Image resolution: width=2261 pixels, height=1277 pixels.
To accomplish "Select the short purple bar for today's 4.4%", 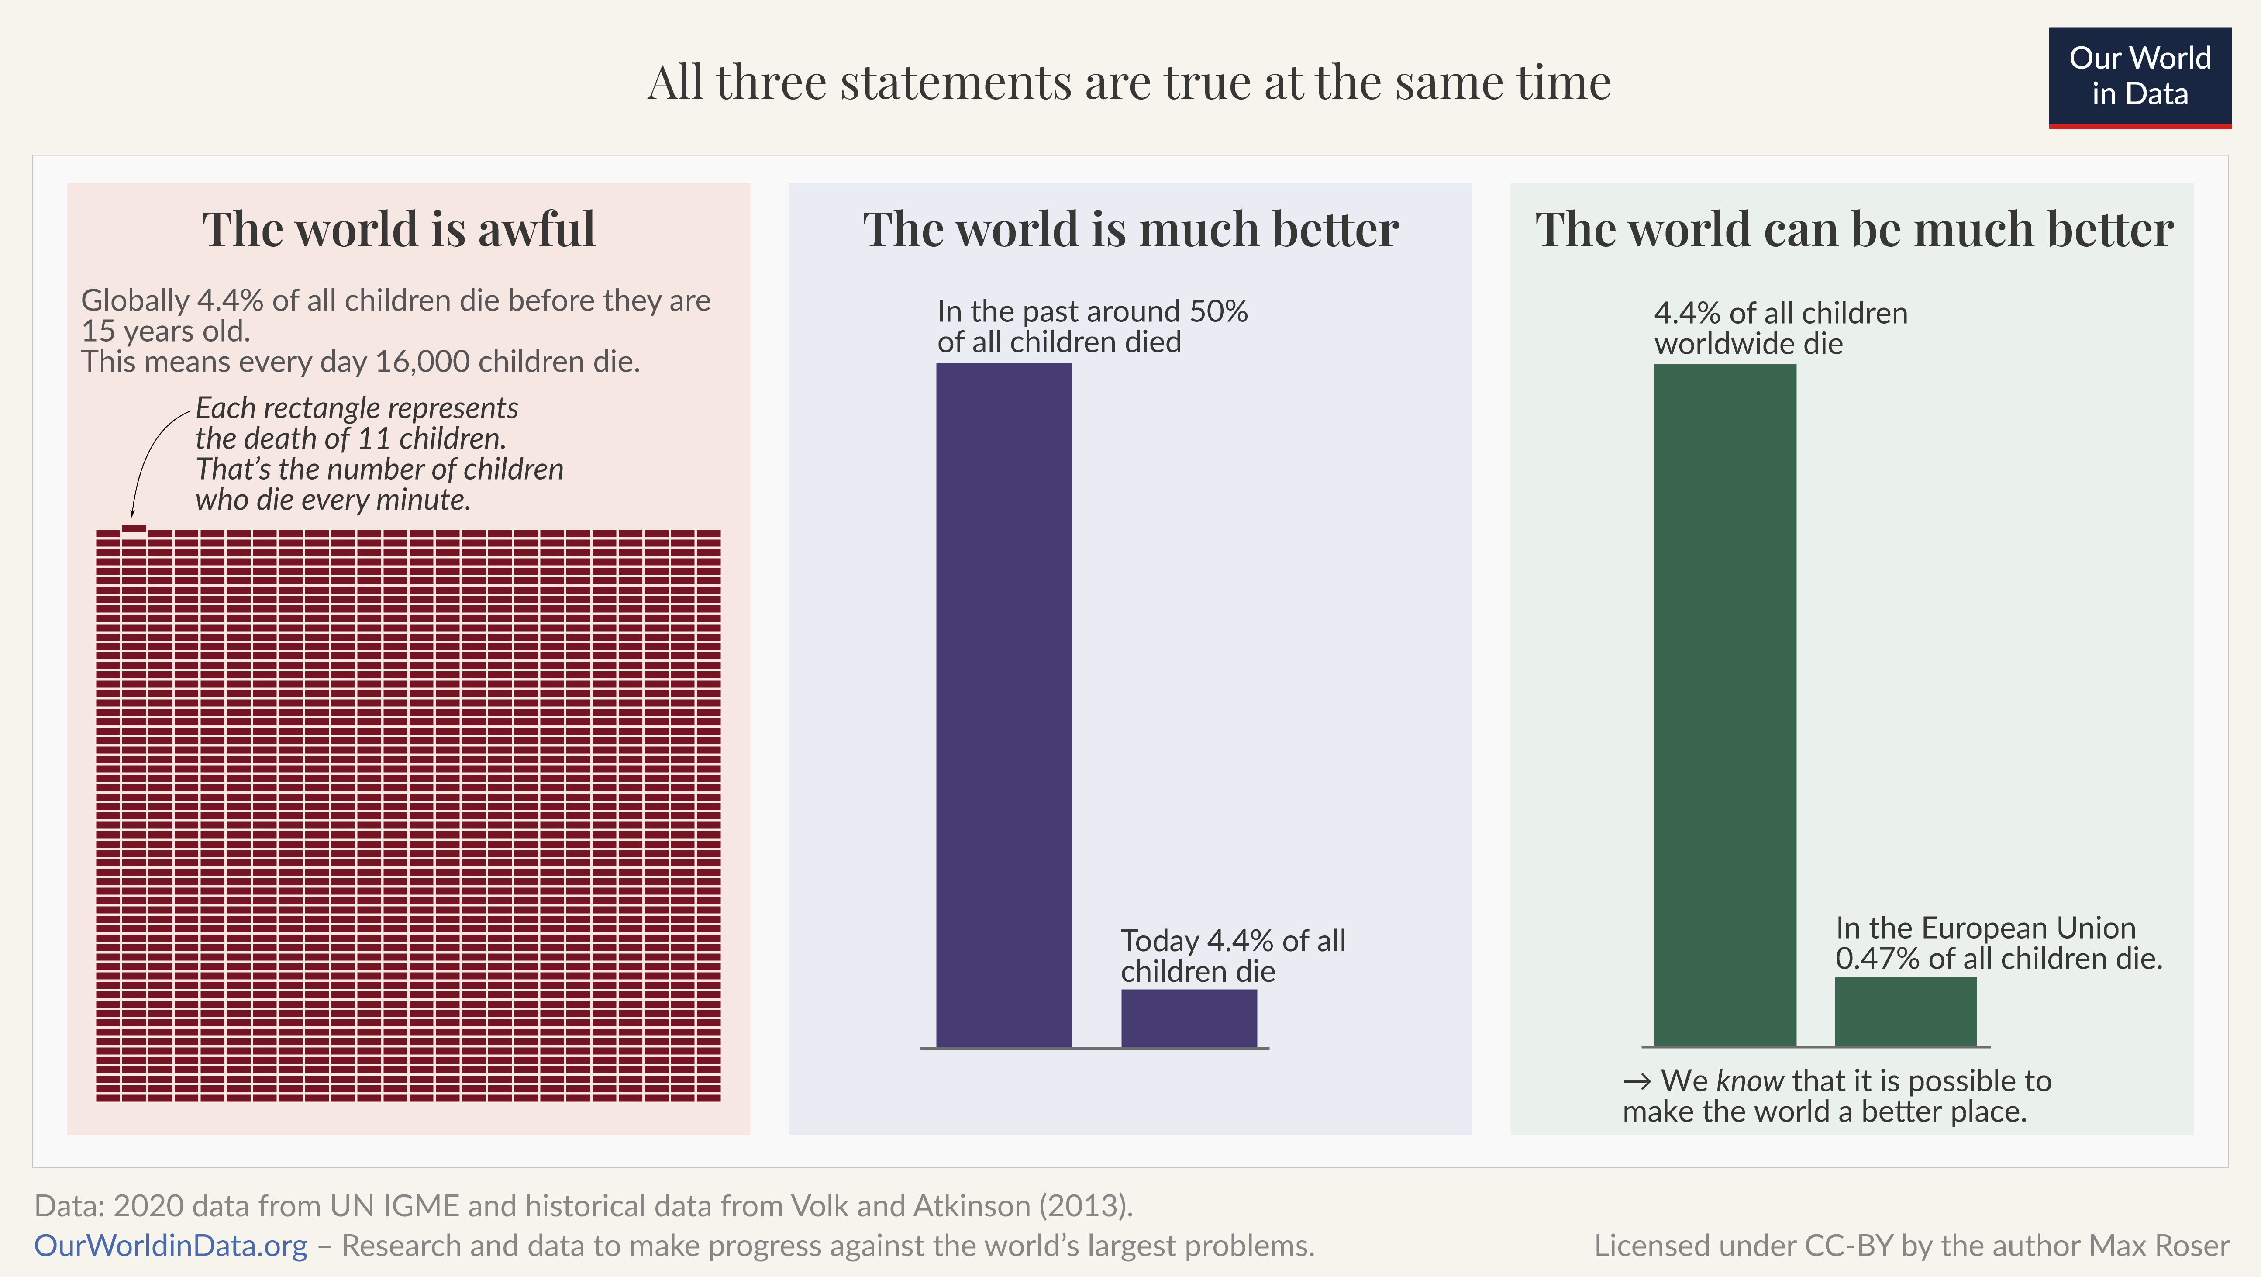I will (x=1189, y=1018).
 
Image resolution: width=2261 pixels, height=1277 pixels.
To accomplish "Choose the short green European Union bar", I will (x=1906, y=1011).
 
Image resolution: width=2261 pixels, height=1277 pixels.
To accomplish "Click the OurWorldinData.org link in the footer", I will (x=170, y=1246).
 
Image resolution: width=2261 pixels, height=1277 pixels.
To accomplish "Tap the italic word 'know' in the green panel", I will (x=1749, y=1080).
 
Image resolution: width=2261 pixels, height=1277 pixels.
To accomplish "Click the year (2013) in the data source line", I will (x=1086, y=1206).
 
